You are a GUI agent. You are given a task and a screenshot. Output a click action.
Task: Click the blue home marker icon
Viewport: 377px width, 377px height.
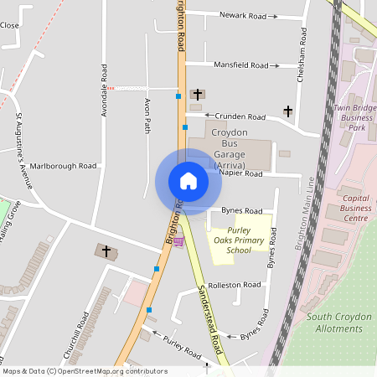(x=188, y=180)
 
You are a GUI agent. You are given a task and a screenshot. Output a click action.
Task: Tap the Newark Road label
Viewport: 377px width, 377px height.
(x=242, y=15)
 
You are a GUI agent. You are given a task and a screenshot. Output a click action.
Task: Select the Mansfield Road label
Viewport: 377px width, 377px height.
(x=242, y=65)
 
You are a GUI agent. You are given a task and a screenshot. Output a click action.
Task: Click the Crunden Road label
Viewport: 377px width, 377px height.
(x=240, y=116)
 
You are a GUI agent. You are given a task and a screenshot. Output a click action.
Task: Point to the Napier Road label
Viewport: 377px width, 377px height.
(x=241, y=174)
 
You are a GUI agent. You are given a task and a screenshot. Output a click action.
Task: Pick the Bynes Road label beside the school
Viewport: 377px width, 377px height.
(x=242, y=210)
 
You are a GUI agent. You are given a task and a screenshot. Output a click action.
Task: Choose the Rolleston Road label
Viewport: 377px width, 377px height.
(x=236, y=285)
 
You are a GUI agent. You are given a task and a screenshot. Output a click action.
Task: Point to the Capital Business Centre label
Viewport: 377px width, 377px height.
(x=355, y=209)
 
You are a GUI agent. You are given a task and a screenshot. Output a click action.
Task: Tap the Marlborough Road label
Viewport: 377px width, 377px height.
(x=64, y=166)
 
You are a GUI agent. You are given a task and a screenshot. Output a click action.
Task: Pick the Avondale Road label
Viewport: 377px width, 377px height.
(x=104, y=90)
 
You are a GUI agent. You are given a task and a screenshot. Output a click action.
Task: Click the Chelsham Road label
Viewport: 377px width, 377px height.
(x=300, y=59)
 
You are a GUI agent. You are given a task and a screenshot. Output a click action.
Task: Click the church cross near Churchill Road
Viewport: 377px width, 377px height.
(x=106, y=250)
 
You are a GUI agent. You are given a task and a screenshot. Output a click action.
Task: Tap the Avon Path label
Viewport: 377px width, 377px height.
(x=147, y=116)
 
